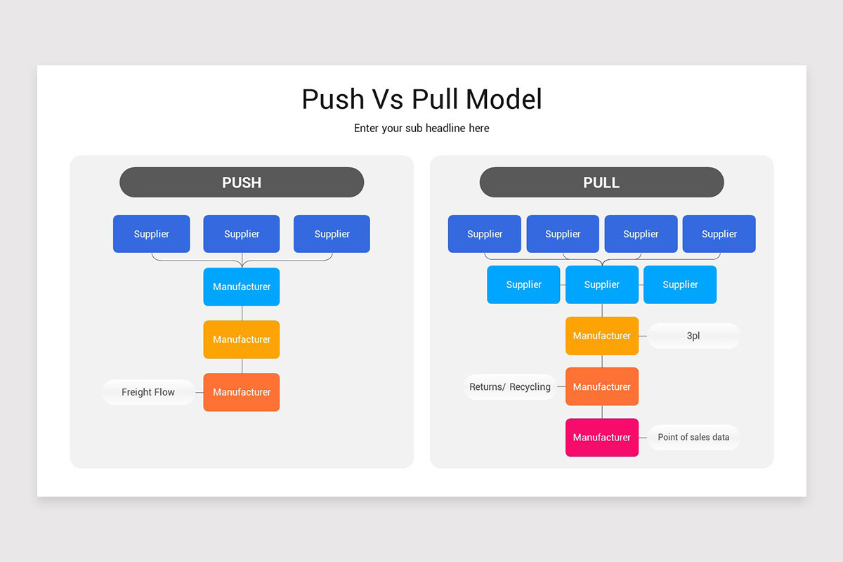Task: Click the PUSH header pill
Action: [x=242, y=183]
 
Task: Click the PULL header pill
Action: [x=601, y=183]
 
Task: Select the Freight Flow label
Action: [x=148, y=392]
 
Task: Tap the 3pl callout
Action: [x=693, y=336]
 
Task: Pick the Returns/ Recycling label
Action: [x=510, y=387]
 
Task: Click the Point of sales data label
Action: [x=693, y=437]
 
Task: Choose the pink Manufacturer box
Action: [x=602, y=437]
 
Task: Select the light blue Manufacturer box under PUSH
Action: [x=242, y=287]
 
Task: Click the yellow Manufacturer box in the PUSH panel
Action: [x=242, y=339]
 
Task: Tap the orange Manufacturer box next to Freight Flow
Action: [x=242, y=392]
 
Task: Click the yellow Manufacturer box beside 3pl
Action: [x=602, y=336]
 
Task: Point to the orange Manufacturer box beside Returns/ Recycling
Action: [x=602, y=386]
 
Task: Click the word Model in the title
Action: [x=504, y=99]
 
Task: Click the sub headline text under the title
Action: [x=421, y=128]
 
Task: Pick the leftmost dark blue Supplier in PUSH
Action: [x=152, y=234]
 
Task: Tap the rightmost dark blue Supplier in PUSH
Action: [x=332, y=234]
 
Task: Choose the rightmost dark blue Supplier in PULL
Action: [x=719, y=234]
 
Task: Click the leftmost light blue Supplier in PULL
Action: [x=523, y=285]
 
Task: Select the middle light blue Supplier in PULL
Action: [x=602, y=285]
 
